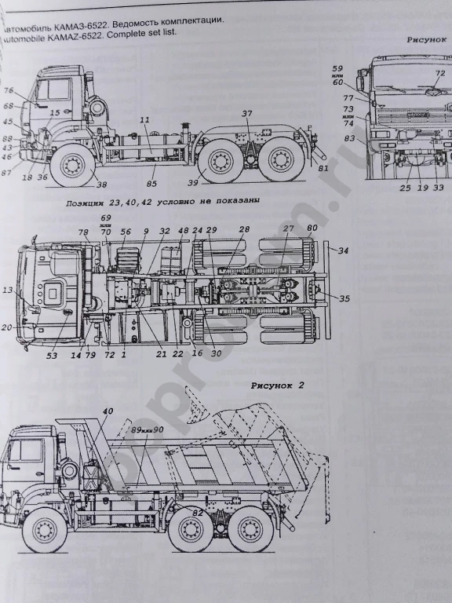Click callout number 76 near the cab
[9, 90]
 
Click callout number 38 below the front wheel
[102, 185]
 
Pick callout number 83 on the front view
[349, 138]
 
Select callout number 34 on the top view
[343, 251]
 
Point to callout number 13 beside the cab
[8, 290]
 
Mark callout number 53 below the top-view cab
[52, 356]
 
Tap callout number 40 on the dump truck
[108, 411]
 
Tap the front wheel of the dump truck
[44, 532]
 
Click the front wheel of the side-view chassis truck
[73, 166]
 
